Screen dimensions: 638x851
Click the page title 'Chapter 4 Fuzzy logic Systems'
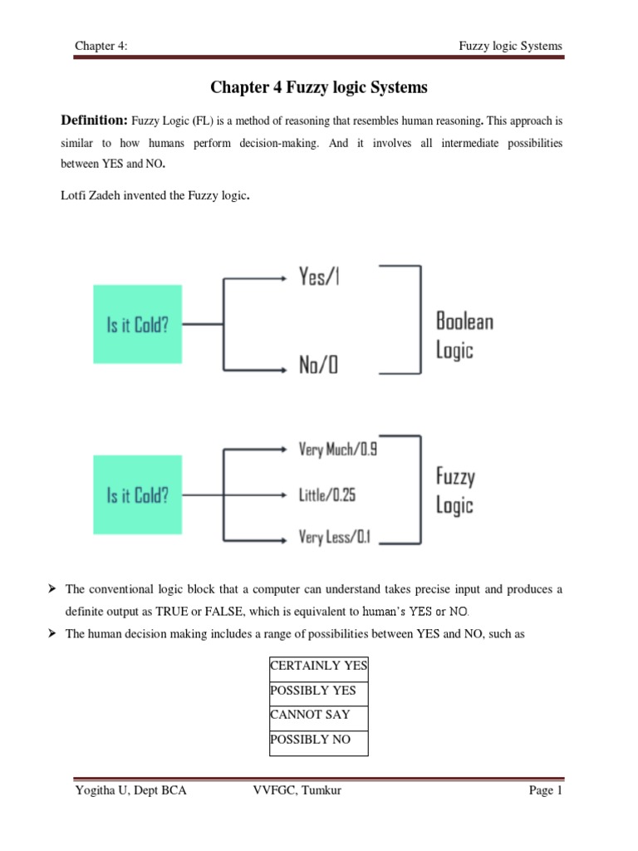click(x=318, y=87)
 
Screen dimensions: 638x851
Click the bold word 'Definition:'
click(x=96, y=121)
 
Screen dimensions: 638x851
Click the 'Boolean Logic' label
click(x=464, y=334)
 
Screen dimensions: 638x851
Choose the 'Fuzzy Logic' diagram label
click(x=455, y=490)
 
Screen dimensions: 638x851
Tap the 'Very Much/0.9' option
click(x=337, y=450)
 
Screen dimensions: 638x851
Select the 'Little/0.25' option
click(x=326, y=494)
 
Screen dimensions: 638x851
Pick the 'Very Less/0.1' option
click(x=335, y=538)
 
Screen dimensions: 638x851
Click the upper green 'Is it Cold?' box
click(x=137, y=324)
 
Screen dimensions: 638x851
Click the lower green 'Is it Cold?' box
click(x=137, y=496)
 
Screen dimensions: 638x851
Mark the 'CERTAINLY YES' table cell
click(x=319, y=667)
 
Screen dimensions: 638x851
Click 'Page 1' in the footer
click(x=546, y=790)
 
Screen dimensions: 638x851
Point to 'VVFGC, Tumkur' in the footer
click(x=297, y=790)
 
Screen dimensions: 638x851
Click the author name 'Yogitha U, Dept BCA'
click(x=130, y=790)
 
